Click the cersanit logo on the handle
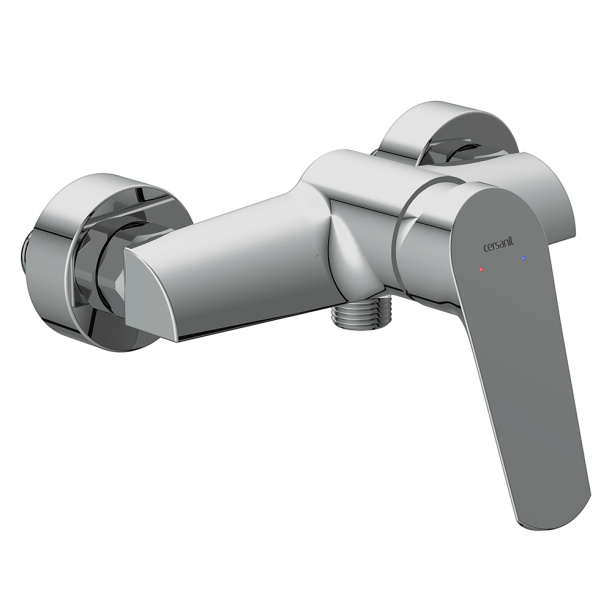499,246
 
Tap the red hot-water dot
482,269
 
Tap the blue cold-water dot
523,258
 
